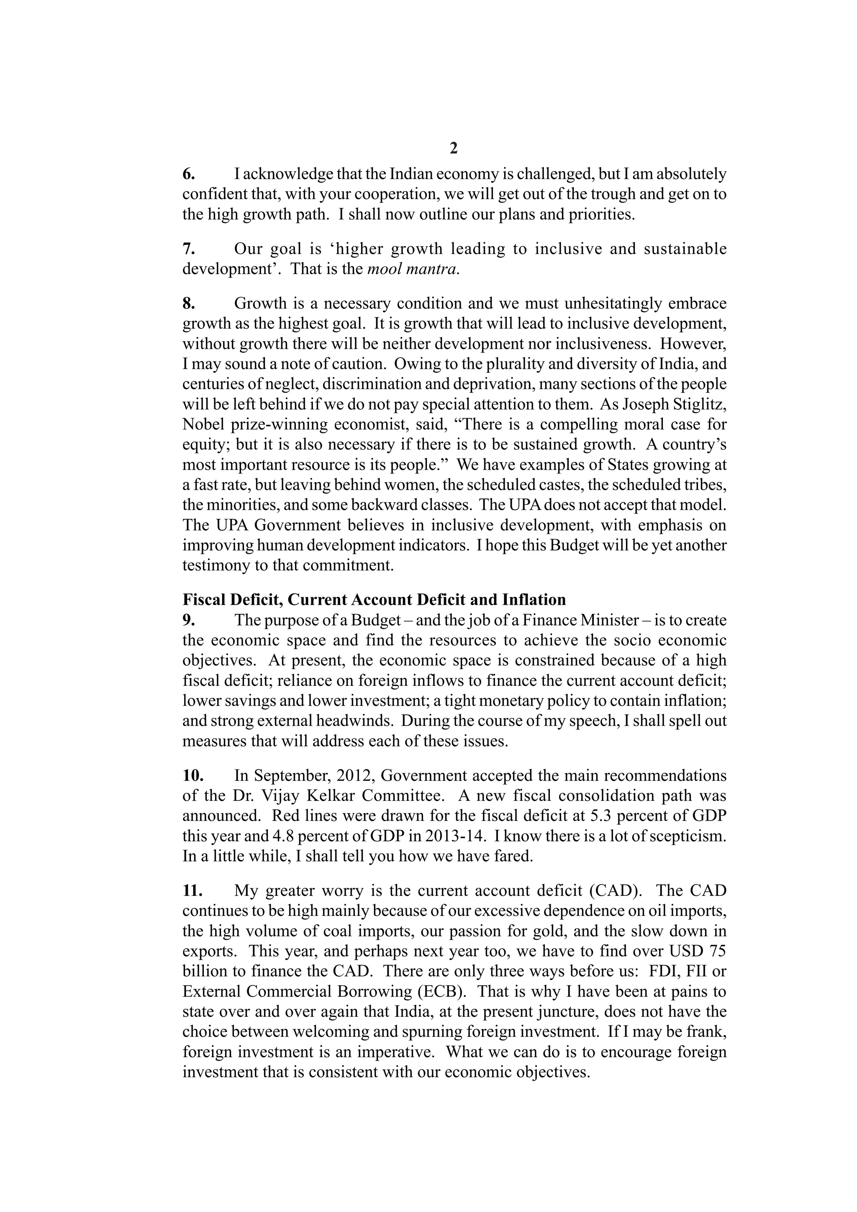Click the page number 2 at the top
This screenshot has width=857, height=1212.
[x=454, y=149]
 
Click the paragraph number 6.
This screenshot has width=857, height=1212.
[x=188, y=174]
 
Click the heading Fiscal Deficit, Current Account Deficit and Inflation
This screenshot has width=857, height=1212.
[x=374, y=600]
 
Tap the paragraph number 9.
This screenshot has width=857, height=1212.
[x=188, y=620]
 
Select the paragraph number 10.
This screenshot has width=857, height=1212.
[x=193, y=775]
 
